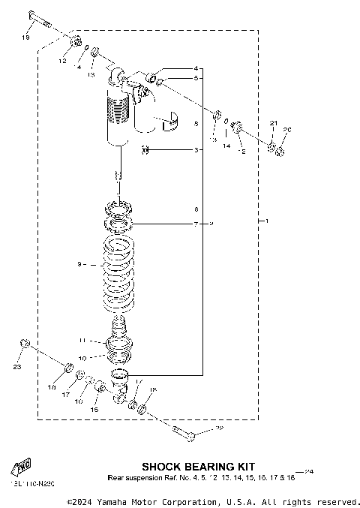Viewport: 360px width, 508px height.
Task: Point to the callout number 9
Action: (79, 264)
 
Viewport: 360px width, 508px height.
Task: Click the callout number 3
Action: (196, 150)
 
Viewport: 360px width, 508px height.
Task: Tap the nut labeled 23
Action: (25, 344)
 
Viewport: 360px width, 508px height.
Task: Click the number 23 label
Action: (17, 368)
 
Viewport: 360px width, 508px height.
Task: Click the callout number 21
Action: (274, 123)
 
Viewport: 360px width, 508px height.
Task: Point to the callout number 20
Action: (286, 129)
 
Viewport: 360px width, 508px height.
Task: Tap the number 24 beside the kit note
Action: (308, 471)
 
